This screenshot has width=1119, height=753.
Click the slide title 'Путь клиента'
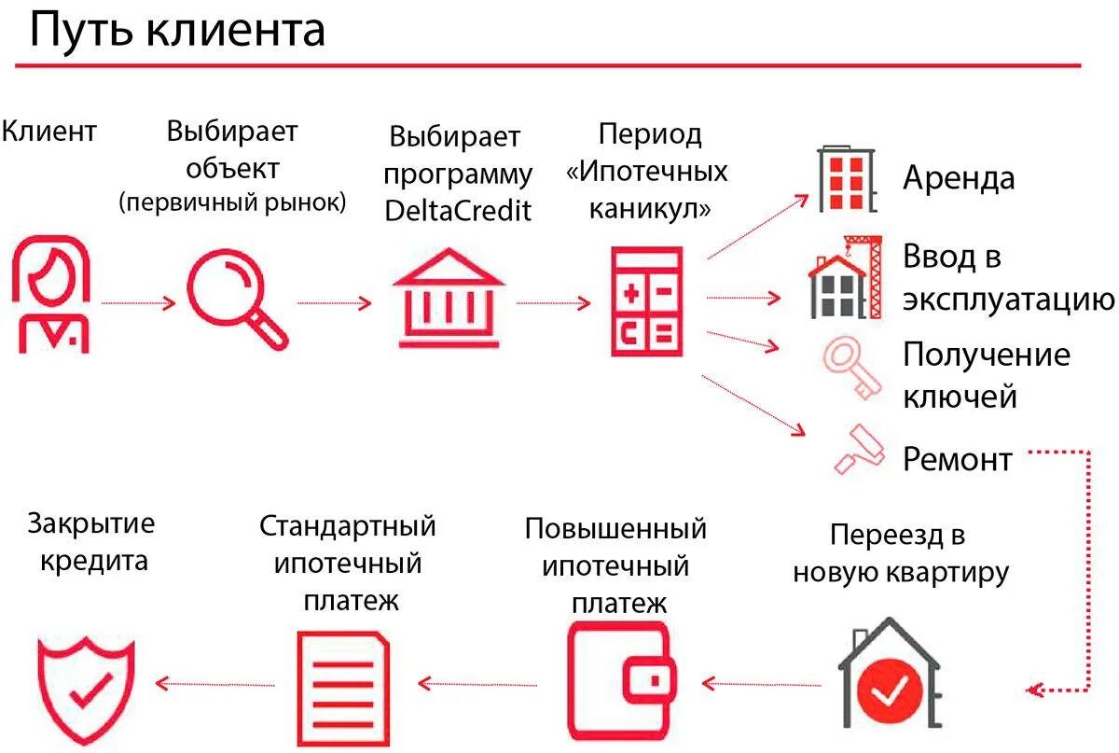click(177, 30)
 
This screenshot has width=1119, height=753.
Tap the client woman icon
click(52, 294)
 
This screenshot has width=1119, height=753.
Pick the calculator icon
click(646, 300)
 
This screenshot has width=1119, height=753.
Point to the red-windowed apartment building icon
click(847, 179)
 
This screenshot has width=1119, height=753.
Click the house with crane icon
click(845, 277)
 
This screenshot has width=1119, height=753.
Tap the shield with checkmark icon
click(87, 688)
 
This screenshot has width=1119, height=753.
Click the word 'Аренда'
click(959, 177)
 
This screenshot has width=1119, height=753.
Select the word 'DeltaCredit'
click(458, 210)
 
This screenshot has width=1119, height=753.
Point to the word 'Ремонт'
click(957, 459)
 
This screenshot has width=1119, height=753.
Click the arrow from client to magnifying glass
click(138, 303)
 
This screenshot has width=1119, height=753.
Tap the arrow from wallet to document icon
click(478, 684)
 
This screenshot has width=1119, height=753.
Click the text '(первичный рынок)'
click(233, 203)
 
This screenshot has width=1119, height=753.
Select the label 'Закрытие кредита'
click(90, 542)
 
